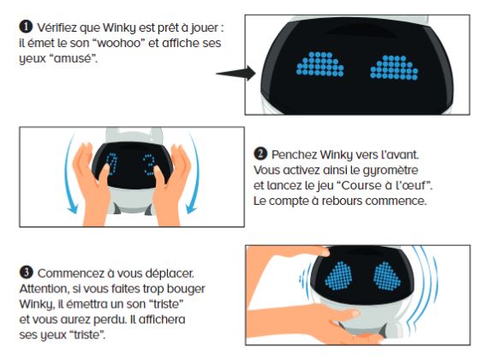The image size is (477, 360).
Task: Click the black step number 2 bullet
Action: [259, 154]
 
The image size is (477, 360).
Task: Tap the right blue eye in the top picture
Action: [397, 64]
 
